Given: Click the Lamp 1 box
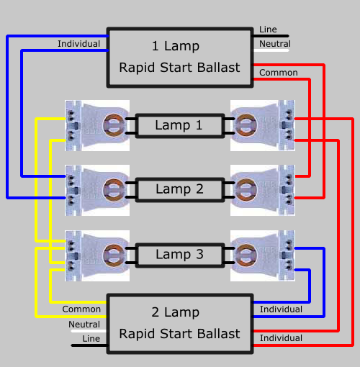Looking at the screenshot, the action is [180, 126].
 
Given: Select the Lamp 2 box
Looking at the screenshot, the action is [180, 190].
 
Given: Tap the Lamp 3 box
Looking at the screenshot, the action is [180, 255].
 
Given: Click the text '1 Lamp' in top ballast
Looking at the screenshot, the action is [176, 46].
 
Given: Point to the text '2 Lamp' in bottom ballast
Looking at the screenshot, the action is [176, 312].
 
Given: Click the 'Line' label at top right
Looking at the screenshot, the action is [268, 30].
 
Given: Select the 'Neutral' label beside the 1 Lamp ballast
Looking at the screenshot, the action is [275, 44].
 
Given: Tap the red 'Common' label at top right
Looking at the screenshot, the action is [279, 73].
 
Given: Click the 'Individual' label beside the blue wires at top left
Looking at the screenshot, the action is [78, 44].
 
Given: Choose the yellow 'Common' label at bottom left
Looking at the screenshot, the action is [81, 309].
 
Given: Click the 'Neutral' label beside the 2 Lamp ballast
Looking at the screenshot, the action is [84, 325].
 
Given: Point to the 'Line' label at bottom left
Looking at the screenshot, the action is [91, 339].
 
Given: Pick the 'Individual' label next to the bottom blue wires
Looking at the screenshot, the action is [281, 309].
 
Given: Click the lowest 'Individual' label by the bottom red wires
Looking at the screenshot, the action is [281, 338].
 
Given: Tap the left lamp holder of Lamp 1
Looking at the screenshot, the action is [97, 125].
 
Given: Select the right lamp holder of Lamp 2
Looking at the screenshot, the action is [263, 190].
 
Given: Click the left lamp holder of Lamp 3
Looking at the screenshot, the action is [97, 255].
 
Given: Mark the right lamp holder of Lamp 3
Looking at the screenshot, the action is [263, 255].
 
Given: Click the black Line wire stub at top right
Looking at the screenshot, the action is [271, 36].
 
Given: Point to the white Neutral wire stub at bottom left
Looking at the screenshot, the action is [89, 331].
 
